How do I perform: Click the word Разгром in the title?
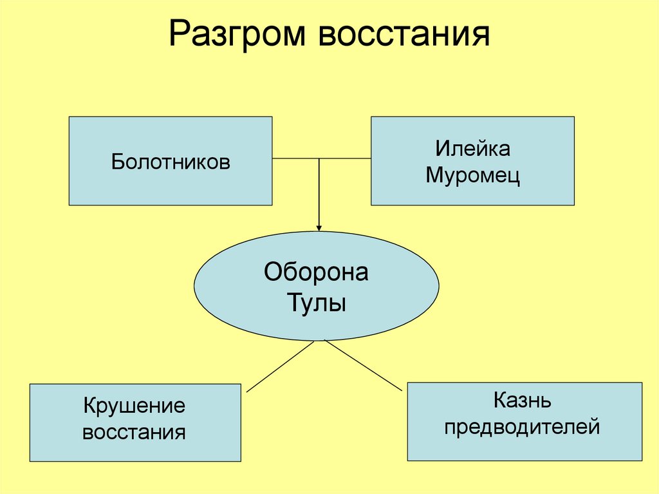[x=237, y=35]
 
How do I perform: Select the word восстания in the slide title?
[x=403, y=35]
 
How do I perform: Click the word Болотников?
[x=170, y=161]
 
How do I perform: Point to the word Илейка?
[x=472, y=149]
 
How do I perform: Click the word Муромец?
[x=472, y=175]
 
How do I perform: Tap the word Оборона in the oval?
[x=316, y=272]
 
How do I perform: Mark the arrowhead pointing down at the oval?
[x=319, y=226]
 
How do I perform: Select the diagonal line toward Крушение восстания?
[x=281, y=366]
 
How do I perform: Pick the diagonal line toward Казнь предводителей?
[x=363, y=365]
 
